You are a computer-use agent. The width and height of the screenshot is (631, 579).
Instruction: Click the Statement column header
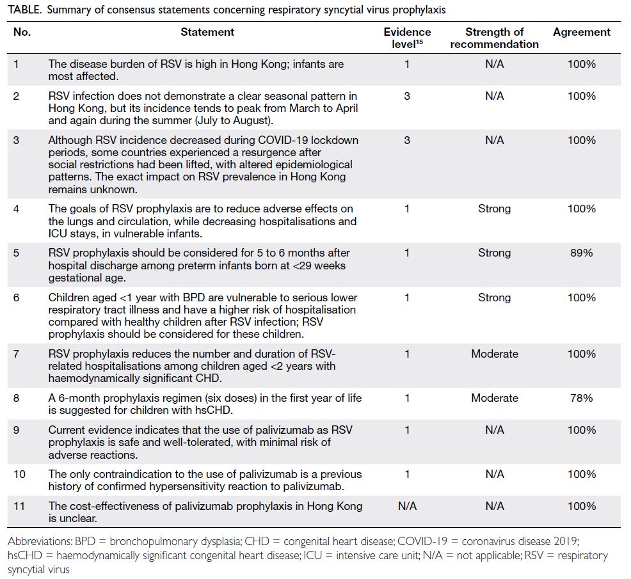pos(207,32)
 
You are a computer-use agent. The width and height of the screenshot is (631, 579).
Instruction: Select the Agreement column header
pos(582,32)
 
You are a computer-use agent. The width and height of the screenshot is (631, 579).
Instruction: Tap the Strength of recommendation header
pos(494,38)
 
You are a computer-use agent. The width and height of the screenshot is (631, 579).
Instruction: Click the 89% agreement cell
pos(582,253)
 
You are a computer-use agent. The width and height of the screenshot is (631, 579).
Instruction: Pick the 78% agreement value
pos(582,398)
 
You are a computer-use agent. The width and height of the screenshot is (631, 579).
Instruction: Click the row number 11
pos(19,506)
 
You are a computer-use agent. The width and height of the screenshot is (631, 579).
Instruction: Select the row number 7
pos(16,354)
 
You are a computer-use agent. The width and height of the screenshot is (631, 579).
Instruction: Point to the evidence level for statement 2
pos(407,96)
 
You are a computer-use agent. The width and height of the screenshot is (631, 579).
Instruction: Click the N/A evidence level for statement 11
pos(407,506)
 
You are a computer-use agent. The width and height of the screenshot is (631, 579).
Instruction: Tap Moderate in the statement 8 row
pos(495,398)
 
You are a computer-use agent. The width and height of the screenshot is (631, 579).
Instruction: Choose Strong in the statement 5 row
pos(494,253)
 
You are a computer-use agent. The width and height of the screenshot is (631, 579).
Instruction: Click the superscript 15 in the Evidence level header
pos(419,42)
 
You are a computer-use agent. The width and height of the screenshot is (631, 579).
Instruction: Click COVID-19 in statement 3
pos(282,140)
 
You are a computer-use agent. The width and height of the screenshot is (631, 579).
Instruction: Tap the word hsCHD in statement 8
pos(214,410)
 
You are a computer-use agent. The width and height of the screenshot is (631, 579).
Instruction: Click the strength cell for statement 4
pos(494,209)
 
